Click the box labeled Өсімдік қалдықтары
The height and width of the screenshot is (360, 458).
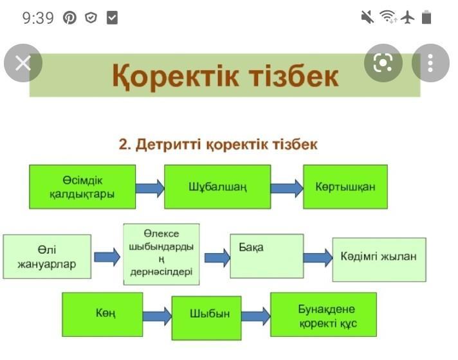coord(82,186)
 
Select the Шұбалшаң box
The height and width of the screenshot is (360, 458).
coord(217,186)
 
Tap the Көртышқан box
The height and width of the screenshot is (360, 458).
coord(345,186)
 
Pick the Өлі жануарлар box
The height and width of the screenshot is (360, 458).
coord(47,256)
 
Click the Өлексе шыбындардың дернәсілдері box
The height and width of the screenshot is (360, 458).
coord(161,254)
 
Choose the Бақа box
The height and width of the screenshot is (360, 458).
coord(266,256)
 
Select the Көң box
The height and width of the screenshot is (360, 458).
coord(102,314)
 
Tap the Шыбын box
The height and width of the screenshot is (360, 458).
coord(206,317)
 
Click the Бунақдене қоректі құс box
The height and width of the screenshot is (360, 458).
coord(323,314)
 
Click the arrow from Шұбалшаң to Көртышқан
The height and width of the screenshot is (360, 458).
coord(286,188)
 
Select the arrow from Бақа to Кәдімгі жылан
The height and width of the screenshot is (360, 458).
coord(317,258)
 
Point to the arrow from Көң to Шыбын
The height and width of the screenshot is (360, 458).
coord(156,316)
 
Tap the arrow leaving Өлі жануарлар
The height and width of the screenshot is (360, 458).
coord(107,258)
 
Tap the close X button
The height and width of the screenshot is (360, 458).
coord(23,63)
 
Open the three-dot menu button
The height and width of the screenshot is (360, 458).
coord(430,63)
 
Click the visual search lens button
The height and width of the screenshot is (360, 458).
coord(383,63)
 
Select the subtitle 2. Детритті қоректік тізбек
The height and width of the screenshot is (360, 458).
coord(218,144)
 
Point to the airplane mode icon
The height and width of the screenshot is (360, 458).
coord(407,17)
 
